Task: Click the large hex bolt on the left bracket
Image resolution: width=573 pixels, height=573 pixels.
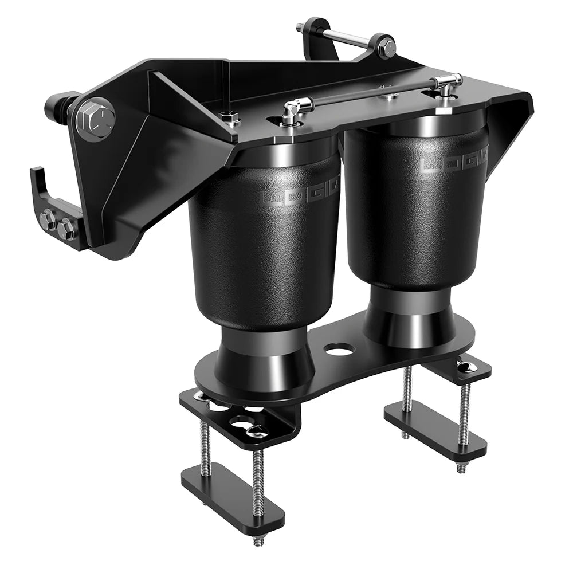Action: pyautogui.click(x=95, y=119)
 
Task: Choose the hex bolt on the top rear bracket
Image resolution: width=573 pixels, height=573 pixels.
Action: pyautogui.click(x=386, y=46)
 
